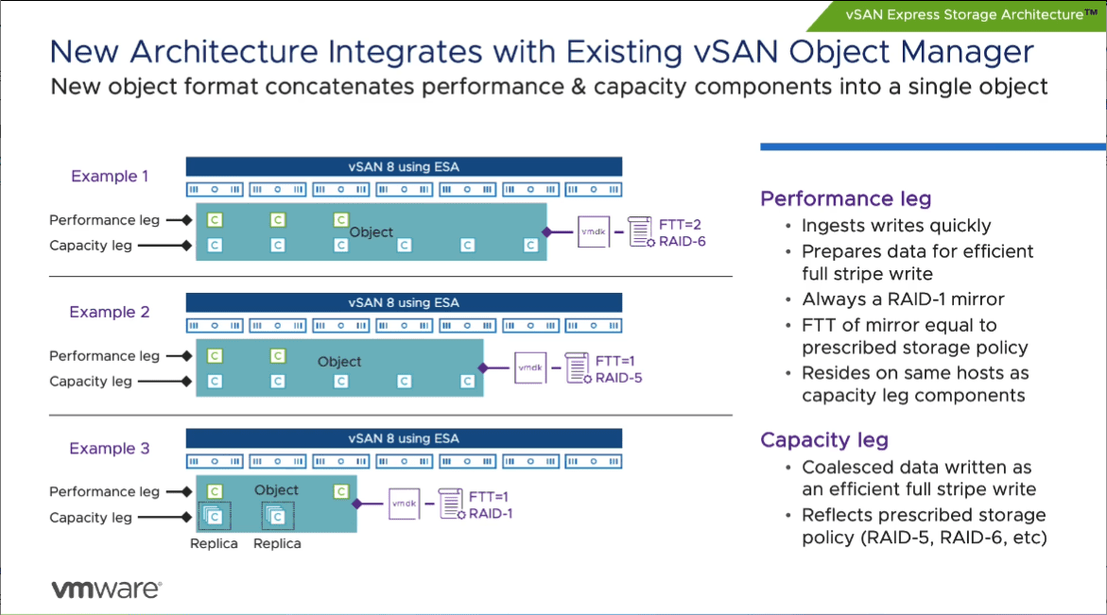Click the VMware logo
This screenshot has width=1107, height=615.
(x=106, y=589)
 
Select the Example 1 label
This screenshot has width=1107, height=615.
(x=110, y=176)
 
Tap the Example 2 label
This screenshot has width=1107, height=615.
(x=110, y=312)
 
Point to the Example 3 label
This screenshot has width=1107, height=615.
(x=110, y=448)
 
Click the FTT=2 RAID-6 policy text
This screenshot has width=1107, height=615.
(x=682, y=232)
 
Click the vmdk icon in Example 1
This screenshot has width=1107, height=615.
(x=593, y=231)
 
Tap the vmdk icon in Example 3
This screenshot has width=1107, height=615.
(x=404, y=504)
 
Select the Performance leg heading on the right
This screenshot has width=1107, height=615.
(x=845, y=198)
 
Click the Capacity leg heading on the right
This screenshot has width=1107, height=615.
(x=824, y=439)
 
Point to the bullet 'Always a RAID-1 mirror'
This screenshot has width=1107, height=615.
(x=903, y=299)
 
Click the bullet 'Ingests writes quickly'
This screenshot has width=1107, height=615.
(x=896, y=226)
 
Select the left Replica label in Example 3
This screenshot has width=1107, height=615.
(x=214, y=543)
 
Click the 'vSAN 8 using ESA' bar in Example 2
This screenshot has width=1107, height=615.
(x=404, y=302)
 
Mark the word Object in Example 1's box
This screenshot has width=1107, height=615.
(x=371, y=231)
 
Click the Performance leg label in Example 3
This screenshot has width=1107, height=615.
(x=104, y=491)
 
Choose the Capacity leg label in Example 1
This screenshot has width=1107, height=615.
(x=91, y=246)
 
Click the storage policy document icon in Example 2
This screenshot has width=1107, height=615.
(x=577, y=367)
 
